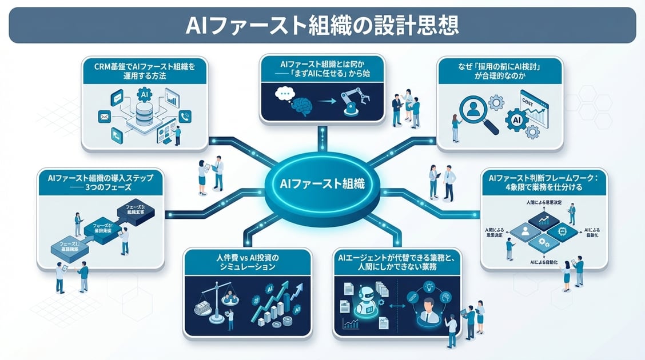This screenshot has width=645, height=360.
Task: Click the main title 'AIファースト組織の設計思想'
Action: coord(322,25)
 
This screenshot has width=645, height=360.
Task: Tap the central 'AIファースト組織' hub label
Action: coord(323,184)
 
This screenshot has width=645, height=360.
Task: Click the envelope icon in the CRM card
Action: coord(104,118)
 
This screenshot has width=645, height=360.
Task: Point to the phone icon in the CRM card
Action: coord(184,116)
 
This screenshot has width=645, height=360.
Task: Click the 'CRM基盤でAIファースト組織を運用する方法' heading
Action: coord(145,71)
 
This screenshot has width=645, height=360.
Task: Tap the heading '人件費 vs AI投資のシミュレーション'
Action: coord(248,262)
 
